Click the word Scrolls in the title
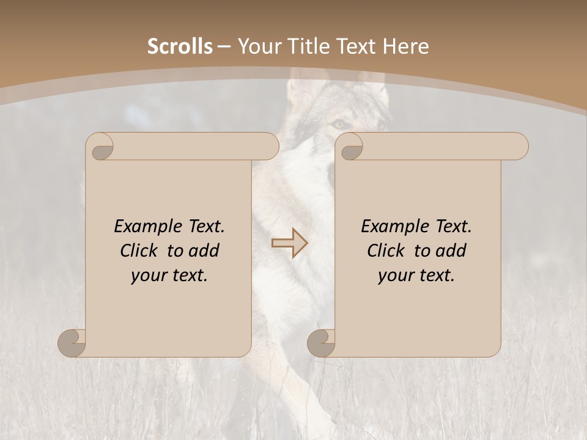click(x=180, y=46)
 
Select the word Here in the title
click(x=405, y=46)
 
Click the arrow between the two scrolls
click(x=289, y=243)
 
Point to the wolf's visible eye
click(x=338, y=124)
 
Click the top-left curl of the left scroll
click(x=101, y=147)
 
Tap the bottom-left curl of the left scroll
click(x=73, y=343)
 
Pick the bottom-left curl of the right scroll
click(x=322, y=343)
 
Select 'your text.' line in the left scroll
click(x=169, y=276)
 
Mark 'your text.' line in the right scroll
click(x=416, y=276)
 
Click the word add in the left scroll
click(x=204, y=251)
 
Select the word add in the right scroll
click(x=451, y=251)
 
